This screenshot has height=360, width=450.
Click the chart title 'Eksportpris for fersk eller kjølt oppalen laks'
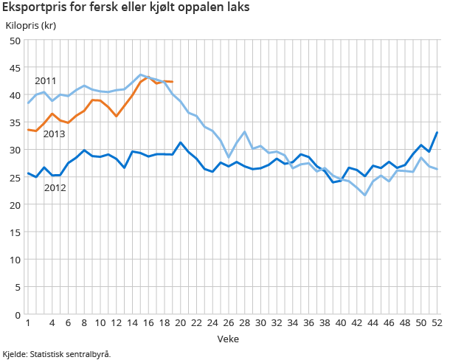126,8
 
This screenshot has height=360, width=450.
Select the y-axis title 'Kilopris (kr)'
31,26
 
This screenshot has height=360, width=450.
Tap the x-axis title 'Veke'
227,338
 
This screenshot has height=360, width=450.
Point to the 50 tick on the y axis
15,41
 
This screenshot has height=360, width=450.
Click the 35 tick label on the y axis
15,122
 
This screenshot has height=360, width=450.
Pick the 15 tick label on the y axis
15,232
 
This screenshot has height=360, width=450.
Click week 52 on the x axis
437,323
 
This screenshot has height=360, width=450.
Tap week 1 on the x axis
28,323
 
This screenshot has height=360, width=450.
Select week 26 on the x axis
229,323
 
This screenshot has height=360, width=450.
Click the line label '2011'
46,80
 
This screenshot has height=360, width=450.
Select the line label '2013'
54,134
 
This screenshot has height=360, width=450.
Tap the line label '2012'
55,187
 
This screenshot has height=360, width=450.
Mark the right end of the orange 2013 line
173,82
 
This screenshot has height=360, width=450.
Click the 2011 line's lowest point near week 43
364,195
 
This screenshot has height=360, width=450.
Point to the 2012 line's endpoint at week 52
437,133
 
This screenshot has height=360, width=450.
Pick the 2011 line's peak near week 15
140,75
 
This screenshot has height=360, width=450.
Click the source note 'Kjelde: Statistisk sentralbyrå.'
57,353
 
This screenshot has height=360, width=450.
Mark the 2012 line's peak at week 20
181,142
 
